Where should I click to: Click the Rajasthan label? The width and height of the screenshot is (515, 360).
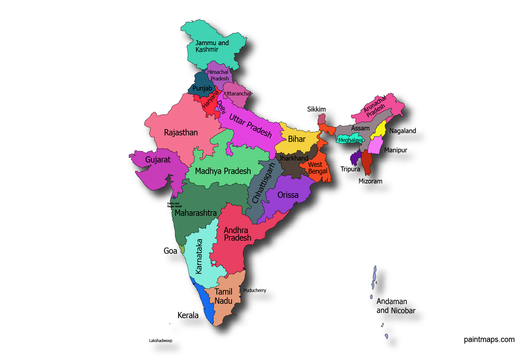(181, 132)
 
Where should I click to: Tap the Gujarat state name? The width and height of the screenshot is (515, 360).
(158, 160)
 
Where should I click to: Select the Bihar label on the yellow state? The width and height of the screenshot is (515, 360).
(296, 139)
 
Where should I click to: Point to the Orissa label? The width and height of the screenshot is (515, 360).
(288, 195)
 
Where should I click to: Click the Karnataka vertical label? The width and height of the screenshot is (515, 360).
(199, 256)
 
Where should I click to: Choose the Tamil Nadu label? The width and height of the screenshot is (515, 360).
(223, 296)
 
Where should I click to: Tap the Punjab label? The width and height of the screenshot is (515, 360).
(202, 88)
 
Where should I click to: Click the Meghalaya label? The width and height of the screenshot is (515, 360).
(350, 140)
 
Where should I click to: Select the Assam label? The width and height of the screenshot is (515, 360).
(360, 128)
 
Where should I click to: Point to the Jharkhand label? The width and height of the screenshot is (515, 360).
(293, 158)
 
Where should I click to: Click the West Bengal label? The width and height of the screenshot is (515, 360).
(317, 168)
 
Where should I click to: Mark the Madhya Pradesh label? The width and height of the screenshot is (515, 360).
(223, 171)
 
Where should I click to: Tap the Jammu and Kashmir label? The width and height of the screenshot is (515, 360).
(212, 46)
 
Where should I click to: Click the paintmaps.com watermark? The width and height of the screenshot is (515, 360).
(489, 339)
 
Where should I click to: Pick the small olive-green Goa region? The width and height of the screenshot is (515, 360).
(182, 249)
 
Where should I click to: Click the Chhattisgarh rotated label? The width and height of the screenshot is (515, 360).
(263, 183)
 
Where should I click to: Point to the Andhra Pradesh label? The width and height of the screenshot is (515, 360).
(237, 234)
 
